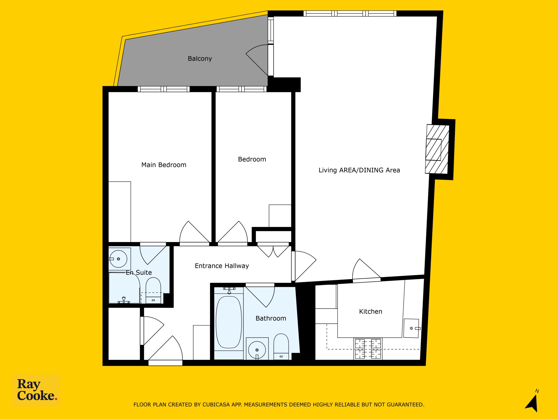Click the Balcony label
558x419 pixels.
coord(200,58)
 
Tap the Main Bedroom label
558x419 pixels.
coord(164,165)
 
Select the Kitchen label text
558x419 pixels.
coord(371,311)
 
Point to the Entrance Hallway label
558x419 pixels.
coord(222,266)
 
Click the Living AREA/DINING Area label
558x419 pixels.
coord(359,170)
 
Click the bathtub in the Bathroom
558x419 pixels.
coord(229,322)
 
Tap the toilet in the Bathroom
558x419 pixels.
coord(281,347)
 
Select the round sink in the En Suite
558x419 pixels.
coord(118,259)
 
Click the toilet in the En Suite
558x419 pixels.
coord(153,290)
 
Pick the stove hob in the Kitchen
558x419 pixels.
coord(368,349)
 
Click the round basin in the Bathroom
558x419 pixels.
coord(257,350)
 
